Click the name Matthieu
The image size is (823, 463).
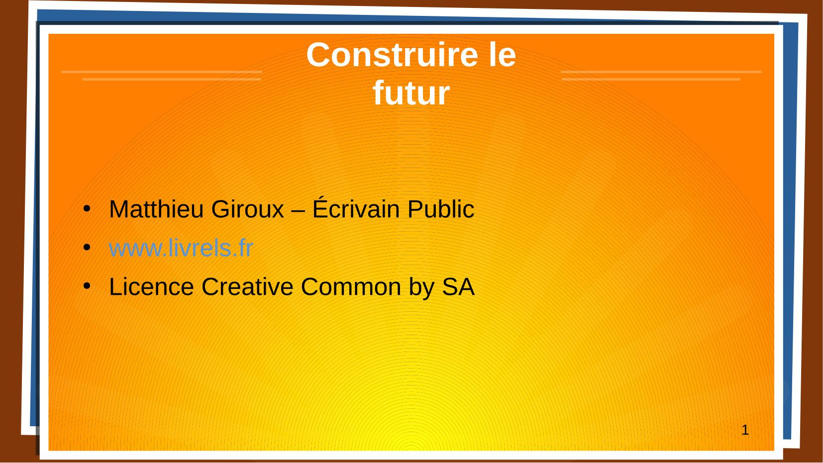tap(156, 209)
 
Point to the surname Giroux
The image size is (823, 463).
tap(247, 209)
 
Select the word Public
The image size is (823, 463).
tap(441, 209)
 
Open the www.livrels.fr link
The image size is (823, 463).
tap(181, 248)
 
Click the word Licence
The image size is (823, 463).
tap(151, 286)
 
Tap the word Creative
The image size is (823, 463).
tap(247, 286)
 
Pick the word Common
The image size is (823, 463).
tap(351, 286)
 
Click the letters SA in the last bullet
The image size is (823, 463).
tap(458, 286)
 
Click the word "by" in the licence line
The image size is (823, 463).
tap(421, 288)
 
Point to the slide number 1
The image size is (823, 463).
tap(745, 430)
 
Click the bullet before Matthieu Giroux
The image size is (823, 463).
tap(87, 209)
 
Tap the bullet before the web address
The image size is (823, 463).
tap(87, 248)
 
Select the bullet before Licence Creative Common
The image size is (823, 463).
tap(87, 285)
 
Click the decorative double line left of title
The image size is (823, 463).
tap(162, 75)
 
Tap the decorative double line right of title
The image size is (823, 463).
tap(661, 75)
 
